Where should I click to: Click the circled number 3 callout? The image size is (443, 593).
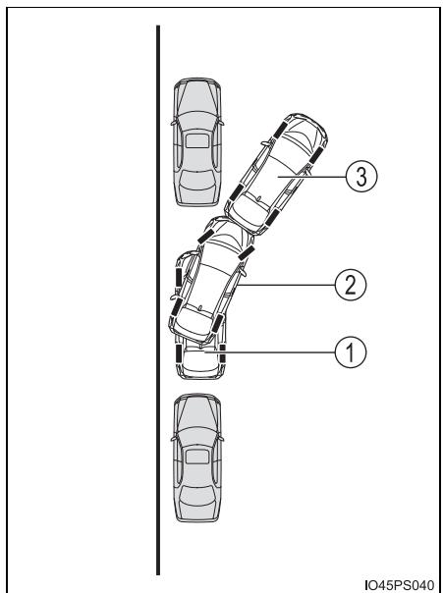coord(361,177)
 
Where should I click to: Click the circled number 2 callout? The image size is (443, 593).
coord(351,285)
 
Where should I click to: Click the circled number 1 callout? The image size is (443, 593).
coord(351,352)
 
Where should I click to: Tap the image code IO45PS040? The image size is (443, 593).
coord(400,585)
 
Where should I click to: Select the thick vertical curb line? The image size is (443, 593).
coord(158,299)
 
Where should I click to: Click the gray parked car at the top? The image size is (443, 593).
coord(197,142)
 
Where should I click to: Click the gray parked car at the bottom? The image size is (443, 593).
coord(197,458)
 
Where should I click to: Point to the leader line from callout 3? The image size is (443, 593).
coord(311,177)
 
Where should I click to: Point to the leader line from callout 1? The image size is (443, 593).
coord(269,352)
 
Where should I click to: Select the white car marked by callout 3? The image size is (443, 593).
coord(276,174)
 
